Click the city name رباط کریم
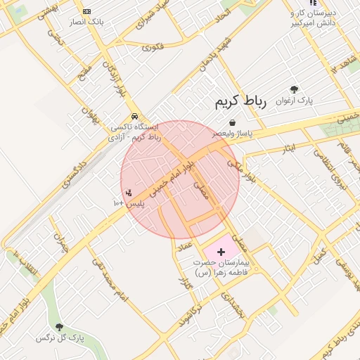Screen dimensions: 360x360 (x=241, y=103)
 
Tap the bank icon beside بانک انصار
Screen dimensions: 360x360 (x=86, y=12)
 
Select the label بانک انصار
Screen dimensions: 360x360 (x=86, y=22)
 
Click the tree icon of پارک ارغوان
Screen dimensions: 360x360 (x=294, y=90)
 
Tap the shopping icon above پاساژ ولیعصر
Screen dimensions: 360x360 (x=233, y=123)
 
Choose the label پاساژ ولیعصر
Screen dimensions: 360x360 (x=233, y=133)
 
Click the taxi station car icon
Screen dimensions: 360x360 (x=134, y=117)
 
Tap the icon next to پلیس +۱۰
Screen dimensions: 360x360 (x=128, y=192)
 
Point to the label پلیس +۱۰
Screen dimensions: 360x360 (x=128, y=203)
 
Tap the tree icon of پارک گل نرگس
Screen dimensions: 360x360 (x=59, y=327)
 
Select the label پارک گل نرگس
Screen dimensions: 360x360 (x=60, y=338)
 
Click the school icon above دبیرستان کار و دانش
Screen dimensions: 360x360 (x=313, y=4)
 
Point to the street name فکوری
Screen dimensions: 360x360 (x=153, y=48)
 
